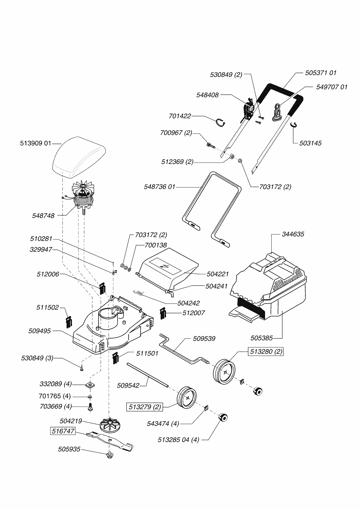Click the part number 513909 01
36,143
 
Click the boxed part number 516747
63,431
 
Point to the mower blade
111,441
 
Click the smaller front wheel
187,398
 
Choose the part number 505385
262,338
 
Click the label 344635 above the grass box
293,234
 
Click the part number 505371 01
321,73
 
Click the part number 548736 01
160,187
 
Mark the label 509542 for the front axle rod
128,386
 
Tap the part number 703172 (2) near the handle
275,187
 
